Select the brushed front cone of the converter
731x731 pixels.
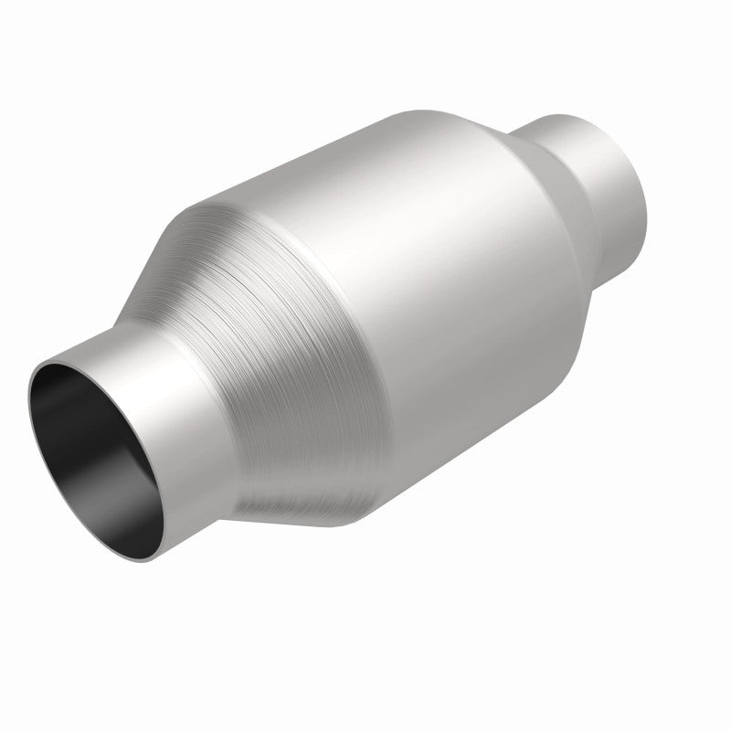pyautogui.click(x=265, y=347)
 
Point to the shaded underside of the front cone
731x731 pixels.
pyautogui.click(x=302, y=493)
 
